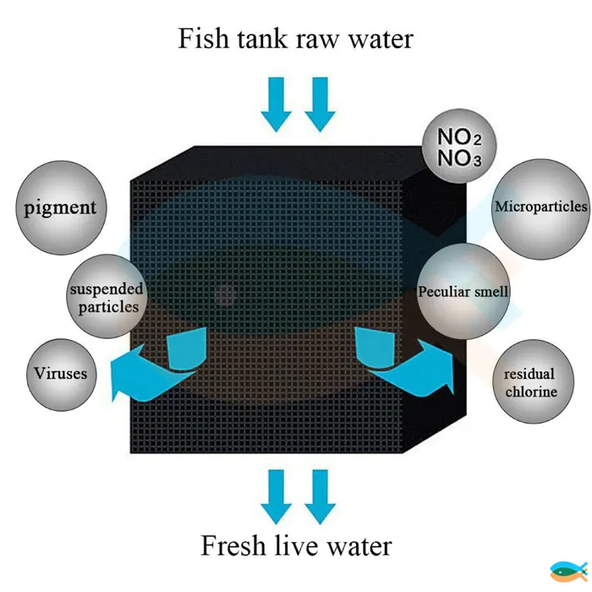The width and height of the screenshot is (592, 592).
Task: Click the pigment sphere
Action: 61,208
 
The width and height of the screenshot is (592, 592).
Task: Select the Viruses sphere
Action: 62,374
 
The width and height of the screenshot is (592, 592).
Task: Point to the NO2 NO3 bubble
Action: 459,146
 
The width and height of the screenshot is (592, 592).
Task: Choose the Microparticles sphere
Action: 541,209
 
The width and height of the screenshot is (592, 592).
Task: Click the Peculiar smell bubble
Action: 463,291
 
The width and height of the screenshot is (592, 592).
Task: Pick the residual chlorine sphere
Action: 533,381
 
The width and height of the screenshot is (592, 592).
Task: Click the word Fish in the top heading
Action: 203,38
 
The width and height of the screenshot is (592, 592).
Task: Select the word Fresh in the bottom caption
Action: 233,545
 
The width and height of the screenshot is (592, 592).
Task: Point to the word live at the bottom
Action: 297,545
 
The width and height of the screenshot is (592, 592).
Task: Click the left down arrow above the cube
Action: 277,105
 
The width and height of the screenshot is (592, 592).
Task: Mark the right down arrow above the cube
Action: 321,105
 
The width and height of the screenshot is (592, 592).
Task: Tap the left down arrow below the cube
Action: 277,497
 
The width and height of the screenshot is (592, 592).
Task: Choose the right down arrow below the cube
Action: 321,497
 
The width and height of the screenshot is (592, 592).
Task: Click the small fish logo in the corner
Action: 569,571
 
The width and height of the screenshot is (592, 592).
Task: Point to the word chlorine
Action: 531,392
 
